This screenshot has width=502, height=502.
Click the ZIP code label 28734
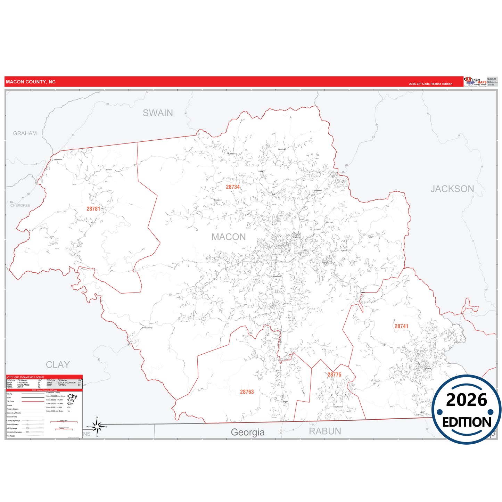233,187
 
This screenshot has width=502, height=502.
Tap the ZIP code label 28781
93,209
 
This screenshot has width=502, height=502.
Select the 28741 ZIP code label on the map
401,326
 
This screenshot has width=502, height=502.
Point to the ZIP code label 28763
247,392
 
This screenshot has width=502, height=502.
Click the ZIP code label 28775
334,375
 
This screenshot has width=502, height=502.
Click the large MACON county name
229,237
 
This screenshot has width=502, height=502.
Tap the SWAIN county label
158,113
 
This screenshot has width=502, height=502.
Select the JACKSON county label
452,189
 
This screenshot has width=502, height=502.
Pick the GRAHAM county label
25,133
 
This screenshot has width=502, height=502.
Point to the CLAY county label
58,365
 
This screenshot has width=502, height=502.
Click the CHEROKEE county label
20,205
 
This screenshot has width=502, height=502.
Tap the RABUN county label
325,431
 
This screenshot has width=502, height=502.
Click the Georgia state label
248,432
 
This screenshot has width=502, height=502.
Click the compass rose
97,426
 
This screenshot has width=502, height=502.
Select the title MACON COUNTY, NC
31,82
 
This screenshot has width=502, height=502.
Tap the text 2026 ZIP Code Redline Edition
430,84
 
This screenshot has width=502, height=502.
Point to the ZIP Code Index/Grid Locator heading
25,377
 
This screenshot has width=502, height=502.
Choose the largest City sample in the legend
73,396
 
